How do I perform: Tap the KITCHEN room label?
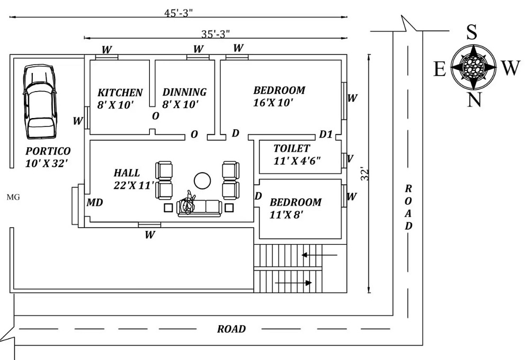pos(120,93)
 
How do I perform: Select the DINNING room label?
pos(184,92)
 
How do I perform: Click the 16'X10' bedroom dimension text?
pos(273,103)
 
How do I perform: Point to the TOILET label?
pos(291,148)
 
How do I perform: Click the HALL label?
pos(127,173)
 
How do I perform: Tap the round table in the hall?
pos(202,181)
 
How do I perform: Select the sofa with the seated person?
pos(200,208)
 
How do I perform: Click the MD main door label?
pos(95,203)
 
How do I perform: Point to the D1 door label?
pos(326,134)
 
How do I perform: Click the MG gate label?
pos(13,197)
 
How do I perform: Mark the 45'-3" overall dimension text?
pos(178,12)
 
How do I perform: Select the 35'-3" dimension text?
pos(215,34)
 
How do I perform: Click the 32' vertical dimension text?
pos(364,174)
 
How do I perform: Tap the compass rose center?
pos(473,67)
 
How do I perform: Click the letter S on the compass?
pos(471,33)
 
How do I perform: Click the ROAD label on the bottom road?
pos(231,329)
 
